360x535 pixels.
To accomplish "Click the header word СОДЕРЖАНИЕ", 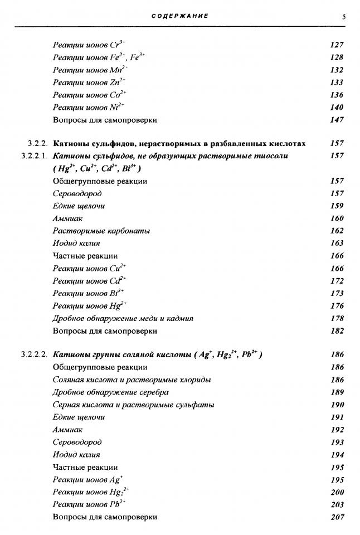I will click(x=180, y=16).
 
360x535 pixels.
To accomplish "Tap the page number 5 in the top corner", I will click(x=344, y=17).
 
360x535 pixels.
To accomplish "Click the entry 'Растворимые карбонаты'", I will click(x=101, y=231).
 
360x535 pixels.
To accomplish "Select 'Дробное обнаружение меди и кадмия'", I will click(x=123, y=318).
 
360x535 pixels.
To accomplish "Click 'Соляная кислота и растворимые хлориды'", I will click(x=132, y=380).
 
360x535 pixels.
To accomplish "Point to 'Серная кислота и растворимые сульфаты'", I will click(x=133, y=405).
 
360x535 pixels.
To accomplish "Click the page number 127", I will click(x=337, y=45).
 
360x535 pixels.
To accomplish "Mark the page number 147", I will click(x=337, y=120).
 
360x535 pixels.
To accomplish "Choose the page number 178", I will click(x=337, y=318).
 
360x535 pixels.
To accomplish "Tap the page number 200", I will click(x=337, y=492).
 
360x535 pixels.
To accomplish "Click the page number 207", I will click(x=337, y=517).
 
